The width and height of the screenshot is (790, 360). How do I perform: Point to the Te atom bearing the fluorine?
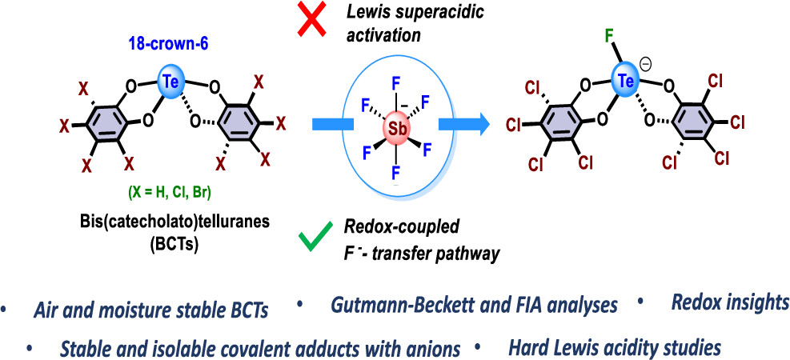click(628, 81)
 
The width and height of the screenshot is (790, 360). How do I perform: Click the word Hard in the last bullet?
click(528, 348)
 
